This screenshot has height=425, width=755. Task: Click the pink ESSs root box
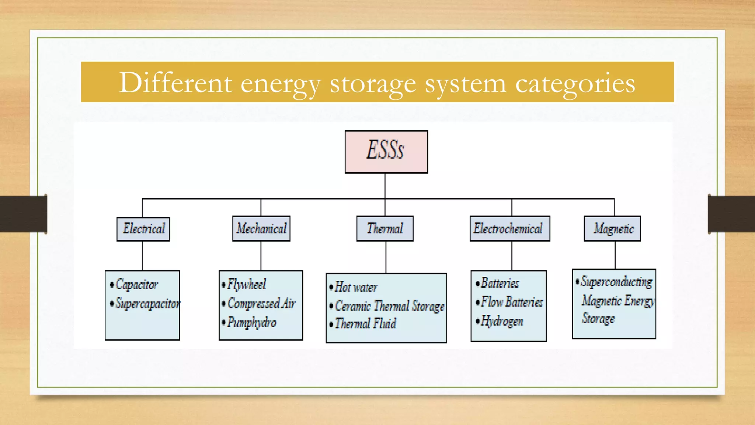[x=386, y=152]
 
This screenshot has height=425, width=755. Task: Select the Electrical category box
[x=143, y=229]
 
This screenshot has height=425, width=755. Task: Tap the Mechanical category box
[x=261, y=229]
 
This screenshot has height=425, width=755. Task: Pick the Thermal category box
[x=385, y=229]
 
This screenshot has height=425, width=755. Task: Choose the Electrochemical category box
[x=509, y=229]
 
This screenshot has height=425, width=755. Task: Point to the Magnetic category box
[x=612, y=229]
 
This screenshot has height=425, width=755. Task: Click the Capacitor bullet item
[x=137, y=284]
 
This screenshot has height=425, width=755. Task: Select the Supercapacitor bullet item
[x=147, y=304]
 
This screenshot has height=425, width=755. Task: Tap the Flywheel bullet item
[x=246, y=284]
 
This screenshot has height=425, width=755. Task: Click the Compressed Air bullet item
[x=261, y=304]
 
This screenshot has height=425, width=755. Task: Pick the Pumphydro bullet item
[x=251, y=323]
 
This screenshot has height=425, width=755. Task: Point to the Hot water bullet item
[x=355, y=287]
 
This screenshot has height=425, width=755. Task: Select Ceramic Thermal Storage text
[x=389, y=306]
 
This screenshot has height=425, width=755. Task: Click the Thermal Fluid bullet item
[x=365, y=324]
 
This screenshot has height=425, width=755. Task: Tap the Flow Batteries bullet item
[x=512, y=302]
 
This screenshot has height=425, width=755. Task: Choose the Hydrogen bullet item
[x=502, y=321]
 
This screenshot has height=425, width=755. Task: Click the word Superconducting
[x=616, y=282]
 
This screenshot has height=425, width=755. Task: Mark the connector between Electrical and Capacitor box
[x=142, y=256]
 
